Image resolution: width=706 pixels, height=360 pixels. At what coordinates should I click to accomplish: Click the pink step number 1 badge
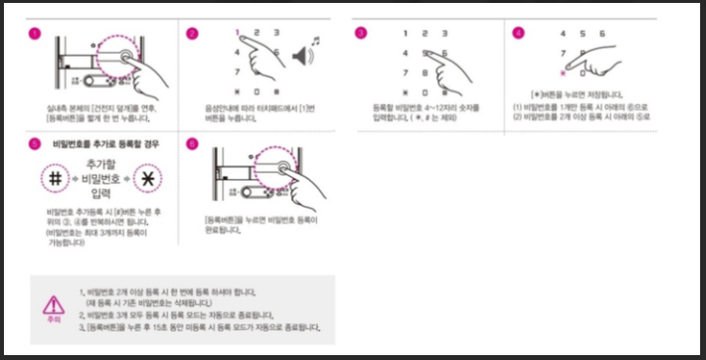click(35, 33)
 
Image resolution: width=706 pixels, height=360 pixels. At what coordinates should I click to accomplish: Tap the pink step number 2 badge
click(192, 33)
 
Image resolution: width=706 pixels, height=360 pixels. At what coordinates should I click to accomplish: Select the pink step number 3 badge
click(361, 33)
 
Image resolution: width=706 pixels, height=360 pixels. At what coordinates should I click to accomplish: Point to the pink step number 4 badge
click(519, 33)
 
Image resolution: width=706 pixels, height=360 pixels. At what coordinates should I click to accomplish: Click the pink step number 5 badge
click(35, 143)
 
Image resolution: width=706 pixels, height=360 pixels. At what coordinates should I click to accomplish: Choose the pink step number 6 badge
click(192, 143)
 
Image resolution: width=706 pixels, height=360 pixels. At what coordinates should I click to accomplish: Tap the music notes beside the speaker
click(315, 40)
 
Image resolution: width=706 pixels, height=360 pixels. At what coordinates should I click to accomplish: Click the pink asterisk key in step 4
click(563, 73)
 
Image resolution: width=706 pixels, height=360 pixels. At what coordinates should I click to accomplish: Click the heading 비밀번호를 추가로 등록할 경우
click(95, 143)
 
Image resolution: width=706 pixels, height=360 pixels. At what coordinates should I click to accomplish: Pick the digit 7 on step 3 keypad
click(404, 72)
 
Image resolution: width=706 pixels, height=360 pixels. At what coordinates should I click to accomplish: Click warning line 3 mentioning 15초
click(200, 327)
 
